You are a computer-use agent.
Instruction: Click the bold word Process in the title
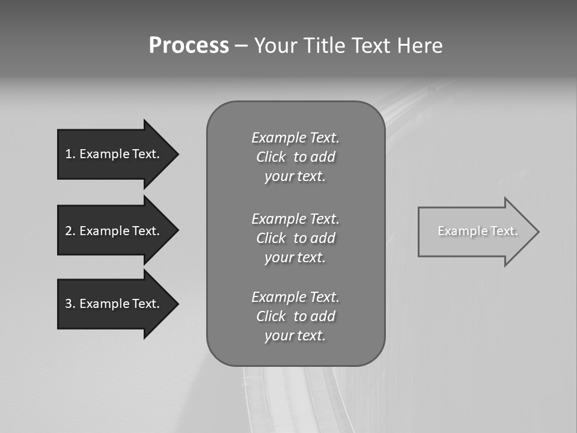189,46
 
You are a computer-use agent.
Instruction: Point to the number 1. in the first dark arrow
70,154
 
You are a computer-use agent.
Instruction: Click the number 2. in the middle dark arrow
70,231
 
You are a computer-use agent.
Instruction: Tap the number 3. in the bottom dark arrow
70,304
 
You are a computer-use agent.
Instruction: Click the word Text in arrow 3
146,304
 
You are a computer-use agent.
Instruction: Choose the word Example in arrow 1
104,154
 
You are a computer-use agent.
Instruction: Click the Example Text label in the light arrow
478,231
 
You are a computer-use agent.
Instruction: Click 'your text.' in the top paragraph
295,177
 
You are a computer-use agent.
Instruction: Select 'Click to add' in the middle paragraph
296,238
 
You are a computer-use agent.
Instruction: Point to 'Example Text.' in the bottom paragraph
296,297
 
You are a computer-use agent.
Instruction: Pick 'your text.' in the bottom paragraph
295,336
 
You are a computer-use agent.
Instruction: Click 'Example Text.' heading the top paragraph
296,138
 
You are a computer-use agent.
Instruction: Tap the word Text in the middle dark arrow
146,231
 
